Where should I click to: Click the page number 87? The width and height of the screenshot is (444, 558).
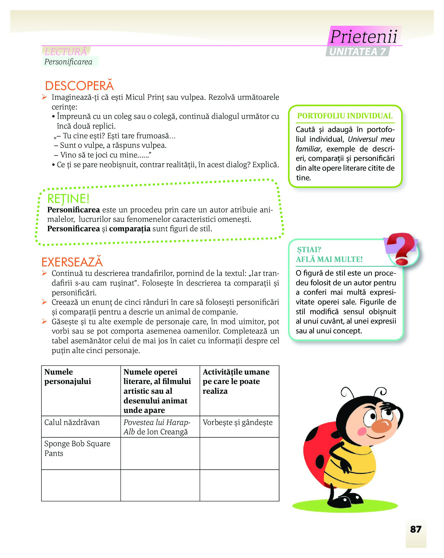coord(416,529)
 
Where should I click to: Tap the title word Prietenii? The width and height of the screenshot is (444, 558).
coord(363,36)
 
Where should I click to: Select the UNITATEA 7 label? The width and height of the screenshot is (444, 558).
coord(357,52)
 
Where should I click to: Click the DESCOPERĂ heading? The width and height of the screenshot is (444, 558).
coord(79,86)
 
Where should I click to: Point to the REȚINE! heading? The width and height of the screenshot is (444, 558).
coord(68,199)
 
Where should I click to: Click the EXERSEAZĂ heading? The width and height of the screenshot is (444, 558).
coord(72,262)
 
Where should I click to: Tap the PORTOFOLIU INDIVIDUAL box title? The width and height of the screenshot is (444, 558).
coord(345,116)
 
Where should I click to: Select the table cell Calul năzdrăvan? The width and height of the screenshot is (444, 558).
coord(72,422)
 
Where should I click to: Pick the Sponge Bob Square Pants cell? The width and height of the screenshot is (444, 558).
coord(77,448)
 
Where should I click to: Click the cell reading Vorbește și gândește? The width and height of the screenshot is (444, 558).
coord(238,422)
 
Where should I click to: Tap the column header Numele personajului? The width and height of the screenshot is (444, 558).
coord(68,377)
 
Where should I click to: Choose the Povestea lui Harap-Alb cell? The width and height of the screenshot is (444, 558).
coord(157,427)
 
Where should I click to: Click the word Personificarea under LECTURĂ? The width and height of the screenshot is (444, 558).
coord(68,62)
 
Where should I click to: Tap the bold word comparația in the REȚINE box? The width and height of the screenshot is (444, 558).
coord(130,229)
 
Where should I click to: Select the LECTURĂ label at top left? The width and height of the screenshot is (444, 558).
coord(66,51)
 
